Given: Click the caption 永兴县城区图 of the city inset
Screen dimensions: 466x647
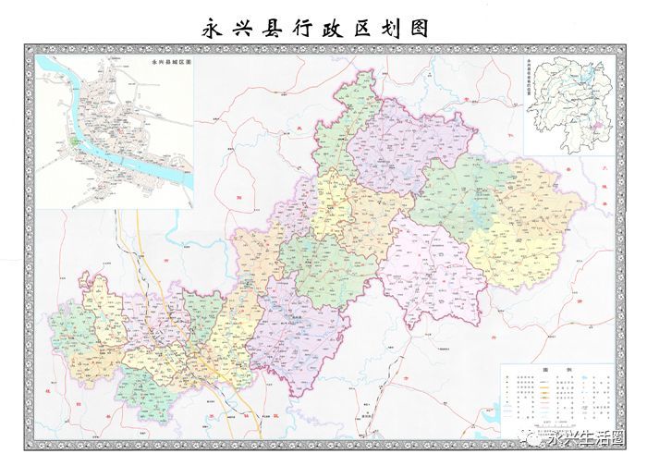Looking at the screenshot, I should point(169,62).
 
